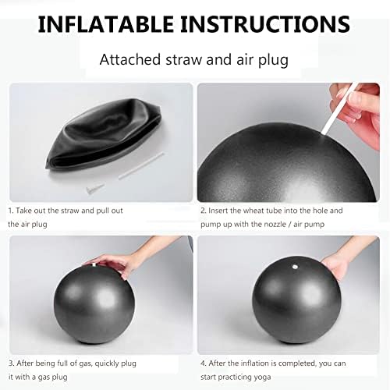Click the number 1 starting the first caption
tap(11, 211)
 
